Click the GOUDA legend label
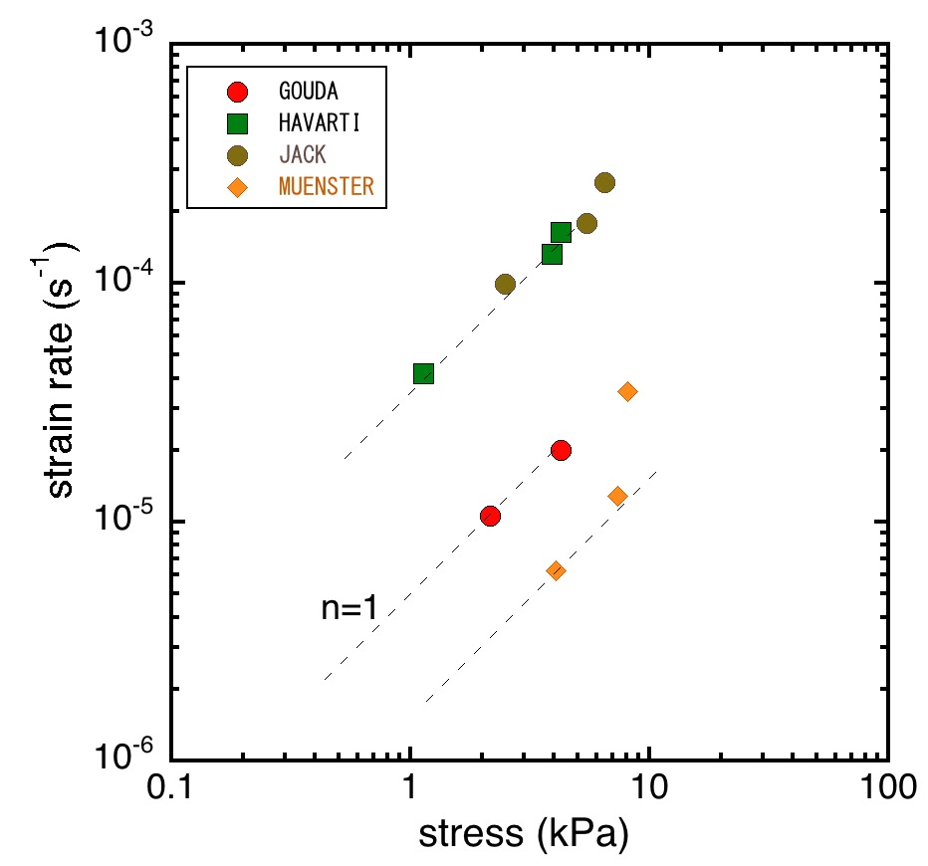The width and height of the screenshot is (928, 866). (x=308, y=92)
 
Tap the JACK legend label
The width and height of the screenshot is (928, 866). (x=302, y=155)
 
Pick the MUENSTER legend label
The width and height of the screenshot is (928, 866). (x=326, y=187)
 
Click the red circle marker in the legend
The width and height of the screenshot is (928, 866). (x=237, y=93)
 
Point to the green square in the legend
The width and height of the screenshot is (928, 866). (x=237, y=124)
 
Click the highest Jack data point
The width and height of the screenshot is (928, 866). (x=604, y=182)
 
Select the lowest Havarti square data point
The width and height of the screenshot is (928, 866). (x=423, y=374)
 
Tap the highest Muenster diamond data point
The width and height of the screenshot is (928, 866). (x=627, y=391)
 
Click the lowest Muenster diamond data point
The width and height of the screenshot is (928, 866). (x=556, y=570)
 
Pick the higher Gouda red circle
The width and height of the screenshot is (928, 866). (x=561, y=450)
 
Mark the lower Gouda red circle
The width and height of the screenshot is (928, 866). (x=490, y=516)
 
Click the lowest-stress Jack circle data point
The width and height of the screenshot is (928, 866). (x=505, y=285)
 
